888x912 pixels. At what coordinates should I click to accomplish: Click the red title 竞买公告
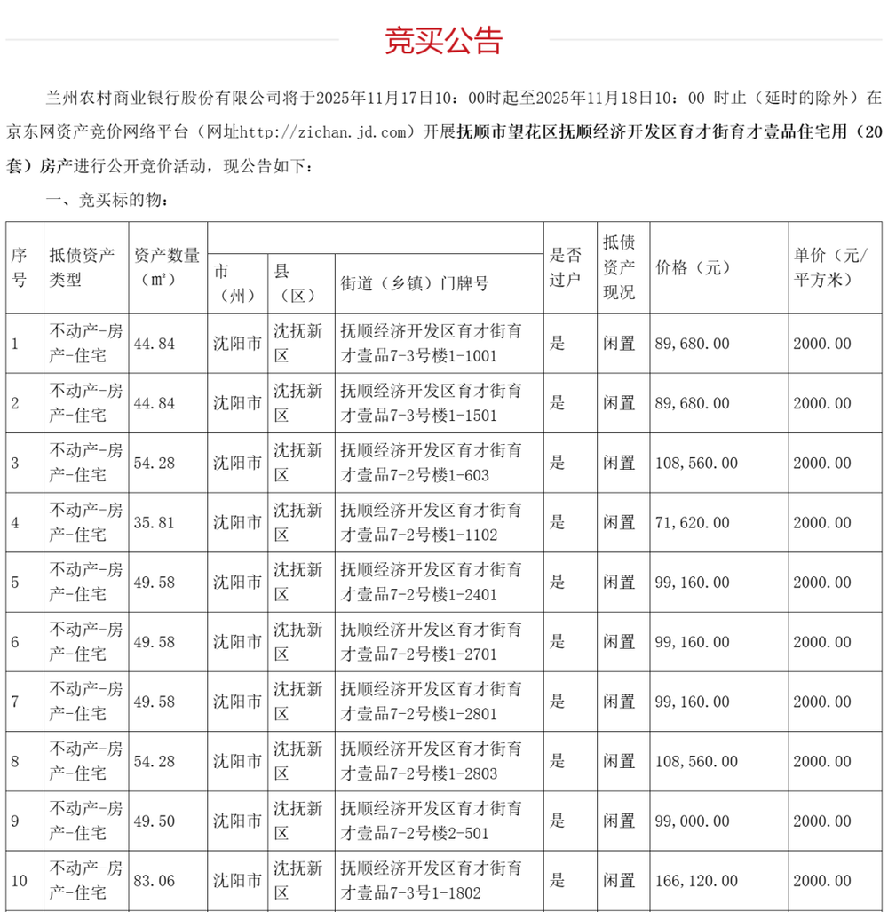(443, 40)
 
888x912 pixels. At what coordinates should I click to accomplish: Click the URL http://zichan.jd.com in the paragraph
(323, 132)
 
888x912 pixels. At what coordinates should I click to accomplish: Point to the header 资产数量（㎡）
(166, 267)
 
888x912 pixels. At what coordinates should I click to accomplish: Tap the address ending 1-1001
(432, 344)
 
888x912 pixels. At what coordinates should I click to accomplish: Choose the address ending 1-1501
(432, 403)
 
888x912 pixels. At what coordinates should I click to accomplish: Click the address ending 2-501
(432, 821)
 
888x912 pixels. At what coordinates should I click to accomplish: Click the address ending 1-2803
(432, 762)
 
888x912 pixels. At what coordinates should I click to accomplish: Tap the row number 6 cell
(15, 642)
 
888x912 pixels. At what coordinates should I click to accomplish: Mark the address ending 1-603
(432, 463)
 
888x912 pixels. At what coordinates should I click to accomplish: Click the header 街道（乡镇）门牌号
(414, 283)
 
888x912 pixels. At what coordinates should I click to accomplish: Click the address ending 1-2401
(432, 583)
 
